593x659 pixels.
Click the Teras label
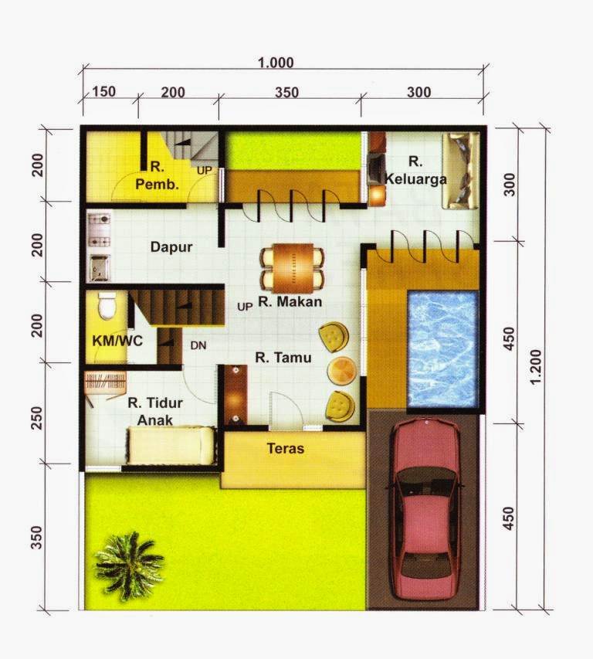pos(285,449)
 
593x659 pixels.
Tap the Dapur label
pos(171,248)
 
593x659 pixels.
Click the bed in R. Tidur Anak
pos(171,447)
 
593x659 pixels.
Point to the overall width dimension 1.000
pos(276,63)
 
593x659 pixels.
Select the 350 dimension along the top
pos(286,93)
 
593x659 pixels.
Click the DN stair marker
pos(198,346)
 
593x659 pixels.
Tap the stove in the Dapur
pos(99,225)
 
